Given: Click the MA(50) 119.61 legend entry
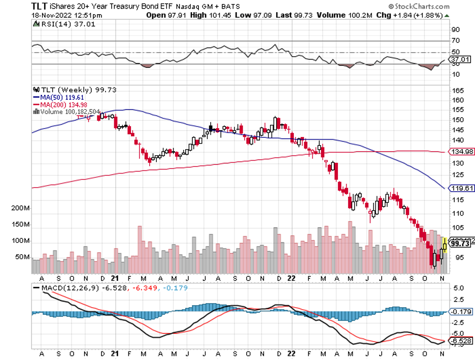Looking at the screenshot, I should [x=56, y=97].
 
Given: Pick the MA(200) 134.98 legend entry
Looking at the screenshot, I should [x=57, y=105].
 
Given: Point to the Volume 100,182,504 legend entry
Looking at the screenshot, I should [x=66, y=112].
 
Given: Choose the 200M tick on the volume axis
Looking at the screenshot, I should [x=19, y=208].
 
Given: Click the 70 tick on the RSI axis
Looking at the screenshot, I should [x=455, y=41].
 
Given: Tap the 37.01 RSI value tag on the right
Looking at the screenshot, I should [x=460, y=59].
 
